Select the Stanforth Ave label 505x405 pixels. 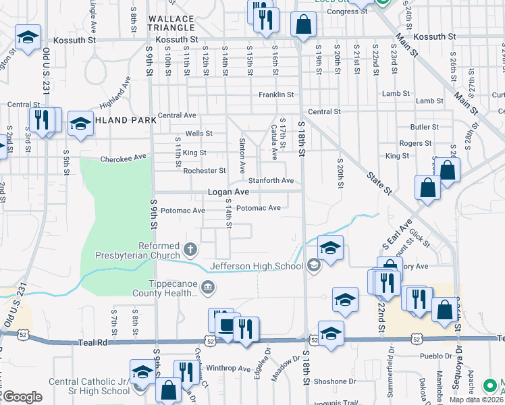[271, 181]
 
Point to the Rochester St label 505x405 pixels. [205, 171]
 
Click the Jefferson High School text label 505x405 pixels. [257, 266]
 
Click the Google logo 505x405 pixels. [22, 397]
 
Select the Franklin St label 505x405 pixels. [276, 95]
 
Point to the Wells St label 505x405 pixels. [199, 134]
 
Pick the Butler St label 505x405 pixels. [424, 126]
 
